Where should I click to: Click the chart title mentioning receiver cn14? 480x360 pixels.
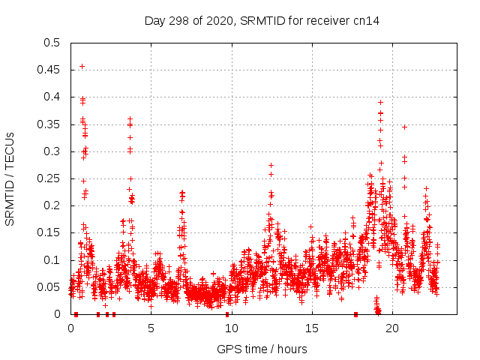pos(262,21)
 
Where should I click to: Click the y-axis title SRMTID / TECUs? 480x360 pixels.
pos(10,178)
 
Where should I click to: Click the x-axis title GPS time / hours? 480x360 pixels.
pos(262,349)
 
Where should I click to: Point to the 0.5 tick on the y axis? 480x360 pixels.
pos(52,43)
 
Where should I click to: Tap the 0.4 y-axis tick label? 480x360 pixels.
pos(52,97)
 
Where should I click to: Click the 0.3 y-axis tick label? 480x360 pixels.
pos(52,151)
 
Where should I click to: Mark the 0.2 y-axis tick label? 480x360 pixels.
pos(52,205)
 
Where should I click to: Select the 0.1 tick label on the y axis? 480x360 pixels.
pos(52,260)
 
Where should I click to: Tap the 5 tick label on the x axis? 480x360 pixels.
pos(151,328)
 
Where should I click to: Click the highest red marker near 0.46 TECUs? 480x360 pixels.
pos(82,66)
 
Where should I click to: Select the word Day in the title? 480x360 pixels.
pos(154,21)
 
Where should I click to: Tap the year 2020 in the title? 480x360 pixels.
pos(216,21)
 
